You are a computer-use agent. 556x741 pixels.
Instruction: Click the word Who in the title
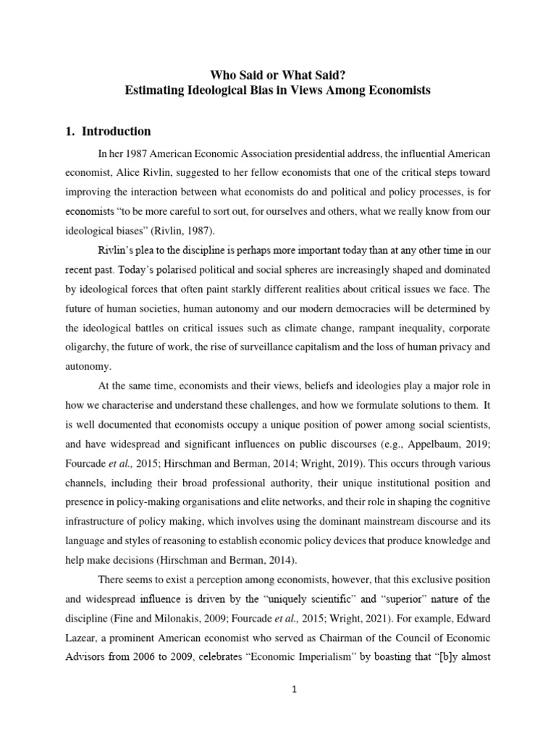pyautogui.click(x=222, y=74)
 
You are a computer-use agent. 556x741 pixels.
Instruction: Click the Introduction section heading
pyautogui.click(x=116, y=132)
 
